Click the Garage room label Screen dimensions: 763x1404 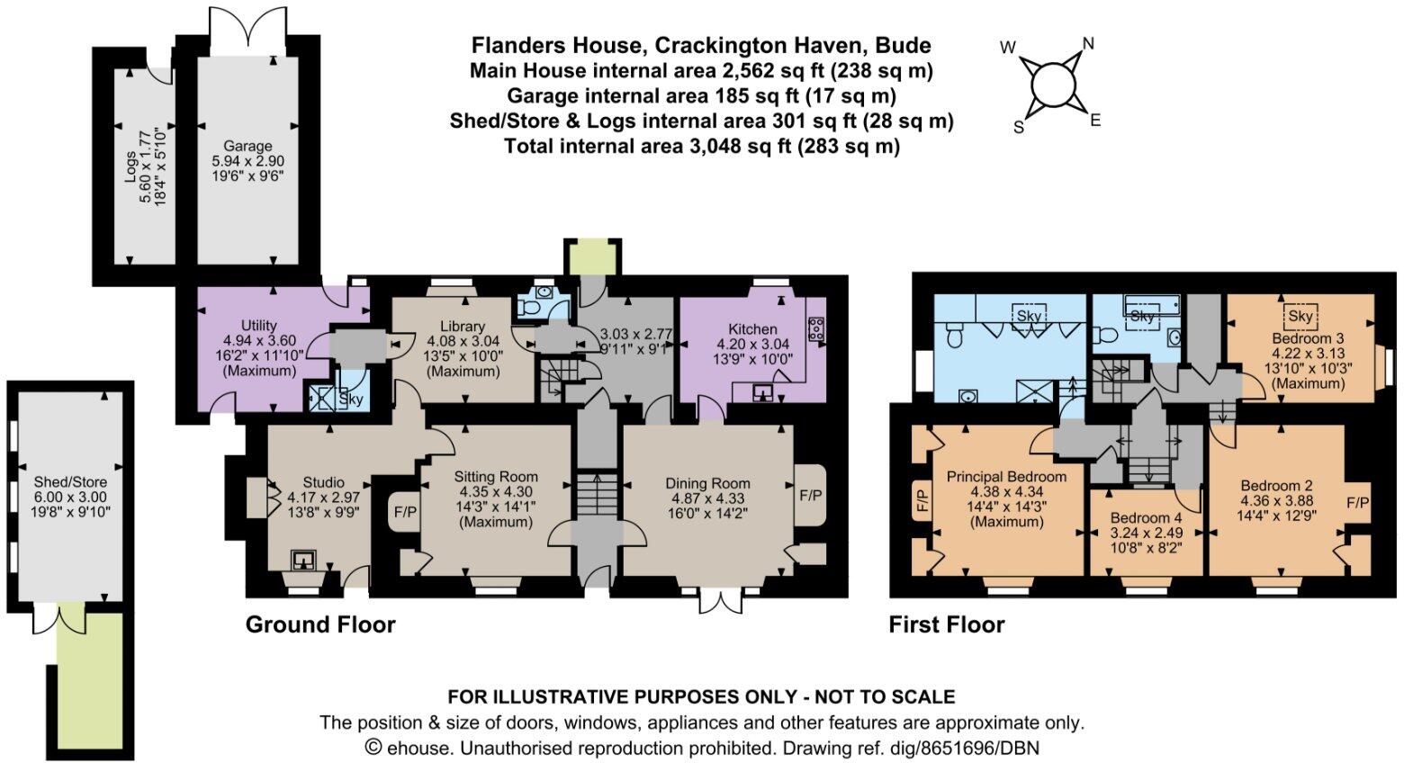(x=247, y=147)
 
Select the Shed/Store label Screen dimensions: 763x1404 (x=70, y=482)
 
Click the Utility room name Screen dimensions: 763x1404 (x=259, y=325)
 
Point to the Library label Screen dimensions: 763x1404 (x=463, y=326)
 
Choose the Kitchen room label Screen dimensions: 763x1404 (x=752, y=328)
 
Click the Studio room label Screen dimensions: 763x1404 (x=323, y=482)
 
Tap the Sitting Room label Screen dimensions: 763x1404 (x=495, y=477)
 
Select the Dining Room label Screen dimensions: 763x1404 (x=707, y=483)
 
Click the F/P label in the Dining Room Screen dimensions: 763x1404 (x=810, y=495)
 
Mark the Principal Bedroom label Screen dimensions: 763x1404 (x=1006, y=476)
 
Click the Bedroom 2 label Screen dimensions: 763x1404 (x=1276, y=485)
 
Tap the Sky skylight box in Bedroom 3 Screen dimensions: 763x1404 (x=1300, y=317)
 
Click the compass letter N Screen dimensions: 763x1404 (x=1088, y=43)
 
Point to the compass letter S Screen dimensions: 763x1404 (x=1019, y=128)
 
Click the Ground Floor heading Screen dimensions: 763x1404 (x=320, y=624)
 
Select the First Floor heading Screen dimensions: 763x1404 (x=947, y=624)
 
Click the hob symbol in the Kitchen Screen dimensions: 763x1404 (x=817, y=329)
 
